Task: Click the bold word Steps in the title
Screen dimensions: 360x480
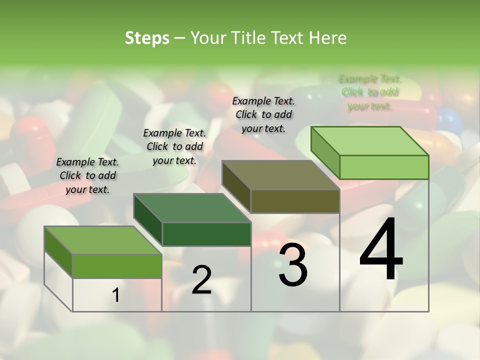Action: [147, 38]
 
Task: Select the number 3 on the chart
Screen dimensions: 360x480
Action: [293, 265]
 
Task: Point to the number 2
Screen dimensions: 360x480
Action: [202, 280]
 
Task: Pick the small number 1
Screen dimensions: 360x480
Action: [116, 295]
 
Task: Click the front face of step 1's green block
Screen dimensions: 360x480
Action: [117, 266]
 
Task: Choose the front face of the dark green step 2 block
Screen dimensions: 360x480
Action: [206, 234]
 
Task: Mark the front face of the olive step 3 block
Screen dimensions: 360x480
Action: [295, 201]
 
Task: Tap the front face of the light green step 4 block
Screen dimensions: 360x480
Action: [384, 167]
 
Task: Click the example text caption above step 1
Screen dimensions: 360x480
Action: [87, 175]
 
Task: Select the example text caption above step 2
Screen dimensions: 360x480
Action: [174, 146]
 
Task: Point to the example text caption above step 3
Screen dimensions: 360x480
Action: [263, 114]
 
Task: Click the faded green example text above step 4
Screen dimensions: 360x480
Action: [370, 92]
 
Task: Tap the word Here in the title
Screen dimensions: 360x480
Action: [329, 38]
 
